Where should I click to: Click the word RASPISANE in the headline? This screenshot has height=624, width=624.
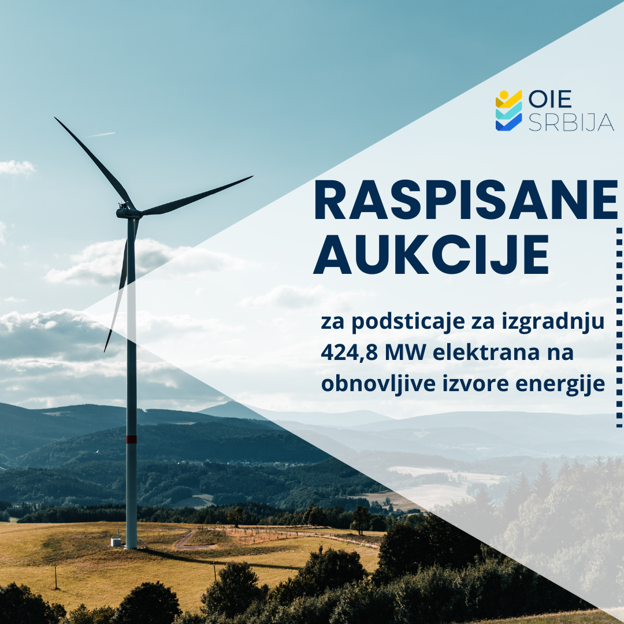point(466,200)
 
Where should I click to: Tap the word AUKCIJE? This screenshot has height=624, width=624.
point(432,254)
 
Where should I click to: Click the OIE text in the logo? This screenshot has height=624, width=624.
point(550,99)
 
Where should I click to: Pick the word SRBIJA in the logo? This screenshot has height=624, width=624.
point(571,122)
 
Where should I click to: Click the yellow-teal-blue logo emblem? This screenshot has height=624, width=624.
point(508,110)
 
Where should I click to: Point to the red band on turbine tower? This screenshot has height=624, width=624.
point(131,439)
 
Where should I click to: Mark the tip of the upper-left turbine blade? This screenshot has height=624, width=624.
point(55,118)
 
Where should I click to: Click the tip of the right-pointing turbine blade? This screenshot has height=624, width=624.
point(252,177)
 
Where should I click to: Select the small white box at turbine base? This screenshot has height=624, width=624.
point(116,542)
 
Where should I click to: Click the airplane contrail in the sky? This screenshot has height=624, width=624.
point(102,135)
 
